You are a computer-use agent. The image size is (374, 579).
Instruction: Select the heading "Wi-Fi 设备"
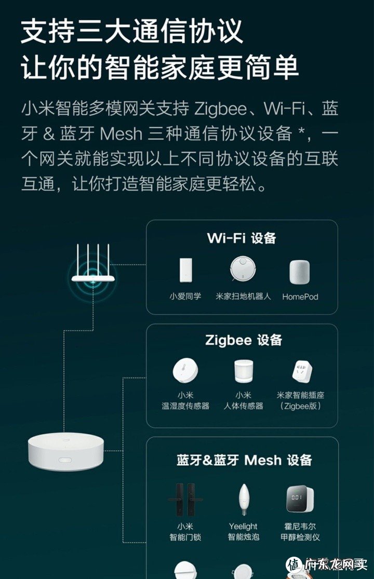click(242, 238)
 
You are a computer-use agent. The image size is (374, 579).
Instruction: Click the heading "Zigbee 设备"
click(244, 341)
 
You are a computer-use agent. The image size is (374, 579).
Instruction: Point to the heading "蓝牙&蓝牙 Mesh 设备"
click(244, 460)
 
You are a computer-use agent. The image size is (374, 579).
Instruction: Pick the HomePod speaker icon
click(300, 272)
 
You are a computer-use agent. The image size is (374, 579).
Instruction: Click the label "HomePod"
click(300, 297)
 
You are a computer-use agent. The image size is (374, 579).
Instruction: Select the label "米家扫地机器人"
click(243, 297)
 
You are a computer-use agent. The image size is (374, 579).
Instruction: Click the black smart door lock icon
click(185, 499)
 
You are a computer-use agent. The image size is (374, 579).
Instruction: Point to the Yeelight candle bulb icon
click(243, 498)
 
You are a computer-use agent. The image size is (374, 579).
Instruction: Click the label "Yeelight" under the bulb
click(243, 527)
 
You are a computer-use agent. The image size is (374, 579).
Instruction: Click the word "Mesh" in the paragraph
click(121, 134)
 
